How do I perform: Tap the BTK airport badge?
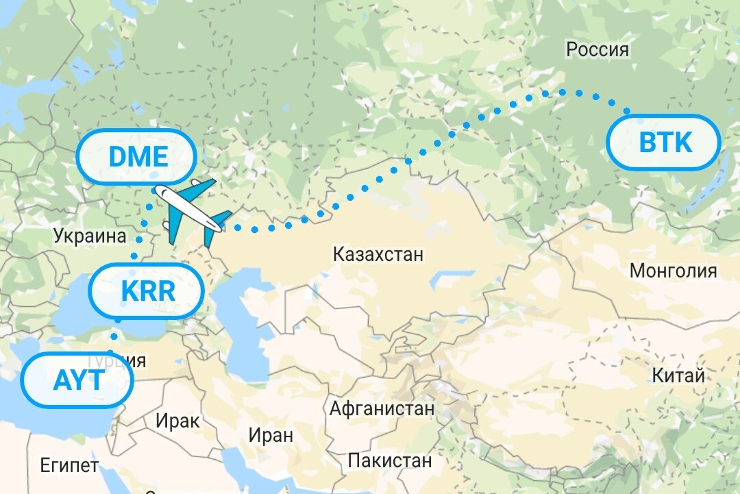665,143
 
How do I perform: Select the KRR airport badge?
147,291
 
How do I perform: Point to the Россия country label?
597,49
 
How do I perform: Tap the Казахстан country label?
378,255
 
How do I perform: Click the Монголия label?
673,271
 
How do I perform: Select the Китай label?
678,376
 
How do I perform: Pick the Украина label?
90,237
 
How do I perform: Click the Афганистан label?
382,409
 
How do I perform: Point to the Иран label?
271,434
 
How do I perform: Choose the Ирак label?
177,420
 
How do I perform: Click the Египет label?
69,467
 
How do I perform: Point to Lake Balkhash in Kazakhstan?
445,281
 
